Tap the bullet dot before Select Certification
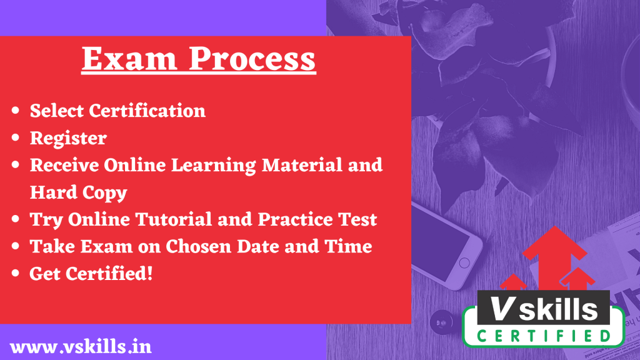point(16,110)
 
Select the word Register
point(68,138)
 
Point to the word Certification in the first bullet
point(147,111)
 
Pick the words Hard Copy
point(78,192)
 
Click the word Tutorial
point(174,219)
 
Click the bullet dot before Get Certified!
point(16,273)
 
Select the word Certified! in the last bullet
point(109,274)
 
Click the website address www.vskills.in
point(81,347)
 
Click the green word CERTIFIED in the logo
point(544,336)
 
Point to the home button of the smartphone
point(464,263)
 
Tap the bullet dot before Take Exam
point(16,246)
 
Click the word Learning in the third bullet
point(214,165)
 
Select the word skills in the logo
point(558,309)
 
